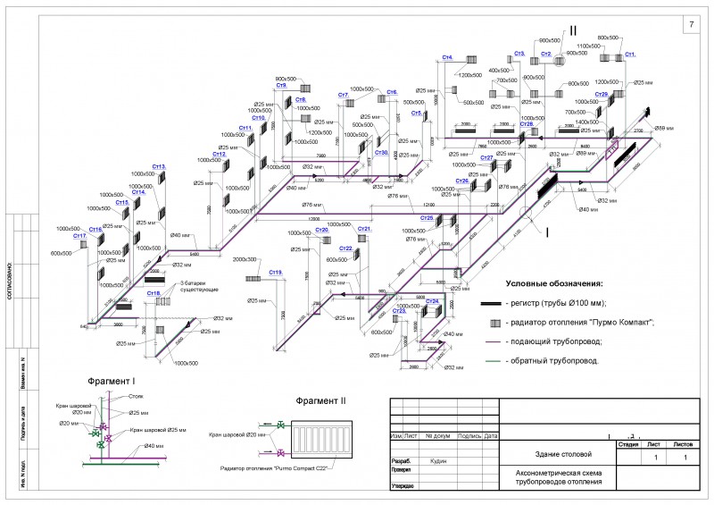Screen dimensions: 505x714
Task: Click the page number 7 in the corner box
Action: (691, 24)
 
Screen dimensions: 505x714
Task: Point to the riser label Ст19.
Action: (276, 272)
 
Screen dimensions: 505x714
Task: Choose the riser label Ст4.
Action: (448, 58)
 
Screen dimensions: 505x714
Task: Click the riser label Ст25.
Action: (428, 217)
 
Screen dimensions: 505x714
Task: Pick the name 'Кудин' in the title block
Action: (438, 461)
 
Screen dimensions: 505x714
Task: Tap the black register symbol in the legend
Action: (492, 304)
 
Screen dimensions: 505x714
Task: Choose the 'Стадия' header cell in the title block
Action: (628, 443)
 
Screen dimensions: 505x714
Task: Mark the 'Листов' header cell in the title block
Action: (683, 443)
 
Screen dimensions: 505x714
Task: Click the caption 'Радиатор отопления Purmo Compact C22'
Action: (288, 467)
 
